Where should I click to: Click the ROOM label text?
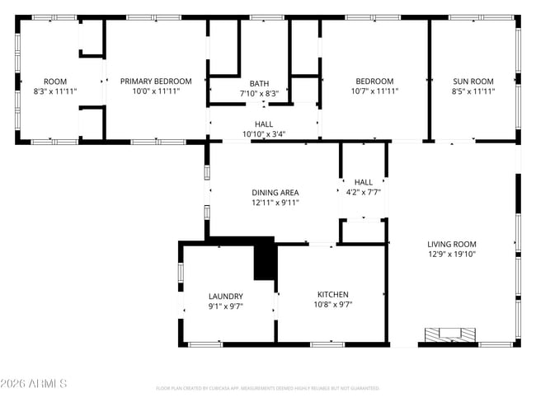[55, 82]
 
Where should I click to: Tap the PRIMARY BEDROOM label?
[156, 82]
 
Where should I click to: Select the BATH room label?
[259, 83]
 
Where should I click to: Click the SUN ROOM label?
[473, 82]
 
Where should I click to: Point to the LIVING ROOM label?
[451, 244]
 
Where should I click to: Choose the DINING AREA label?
[275, 193]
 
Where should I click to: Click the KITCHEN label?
[333, 295]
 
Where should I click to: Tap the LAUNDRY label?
[226, 297]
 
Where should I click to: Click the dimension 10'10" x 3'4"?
[264, 134]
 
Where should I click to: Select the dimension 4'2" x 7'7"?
[363, 193]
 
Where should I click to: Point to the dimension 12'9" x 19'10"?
[452, 255]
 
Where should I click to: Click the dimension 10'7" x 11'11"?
[374, 91]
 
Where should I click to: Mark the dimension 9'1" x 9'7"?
[226, 306]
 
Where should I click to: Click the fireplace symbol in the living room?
[450, 334]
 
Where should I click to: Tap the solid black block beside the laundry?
[264, 259]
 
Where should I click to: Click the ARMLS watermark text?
[34, 384]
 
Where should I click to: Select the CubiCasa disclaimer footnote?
[267, 388]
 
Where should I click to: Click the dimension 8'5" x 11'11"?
[473, 91]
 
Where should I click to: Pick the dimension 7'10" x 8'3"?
[259, 93]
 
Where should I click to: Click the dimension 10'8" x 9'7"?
[333, 305]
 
